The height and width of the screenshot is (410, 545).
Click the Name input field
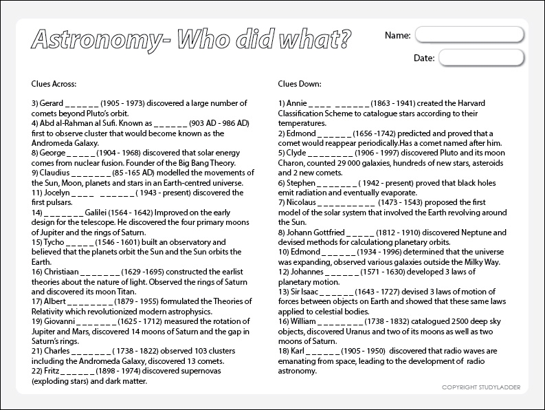(471, 34)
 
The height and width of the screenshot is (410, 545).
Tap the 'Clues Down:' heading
(300, 84)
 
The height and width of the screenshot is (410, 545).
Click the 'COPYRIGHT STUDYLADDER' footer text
(481, 387)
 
